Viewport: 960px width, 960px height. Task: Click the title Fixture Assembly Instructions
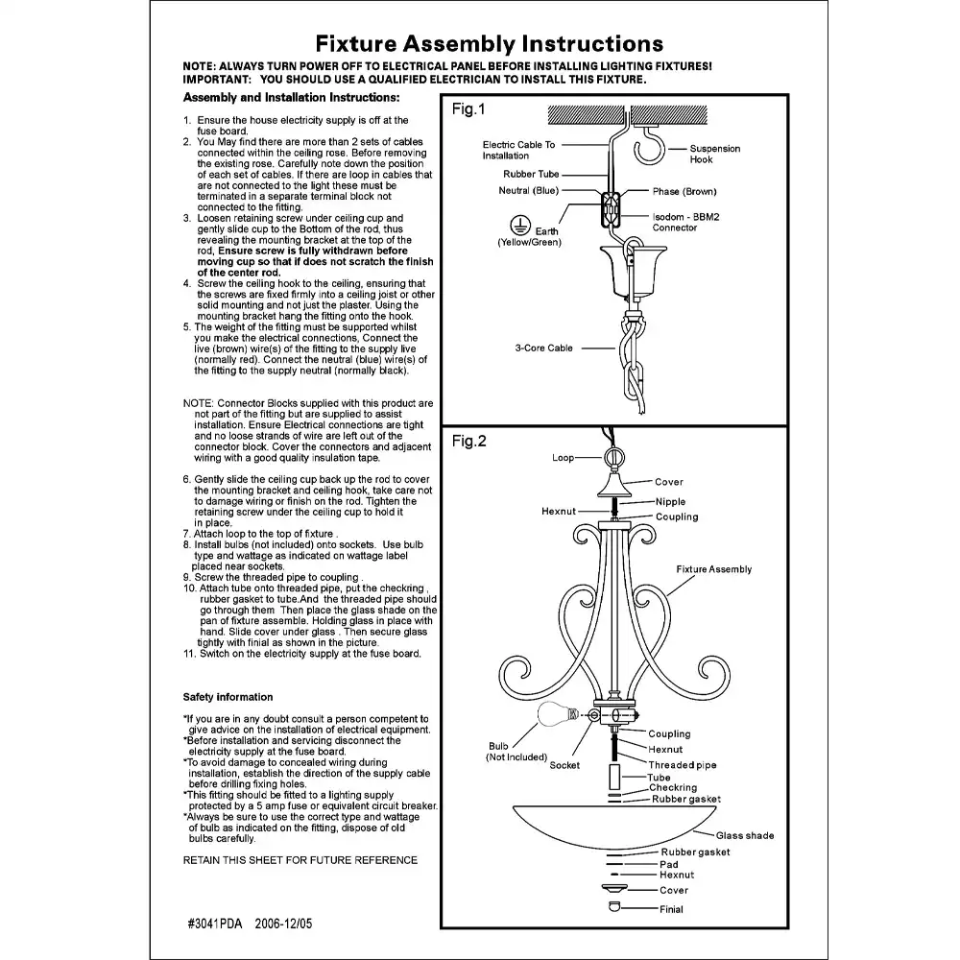click(x=490, y=43)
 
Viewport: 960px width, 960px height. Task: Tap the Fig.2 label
click(x=468, y=442)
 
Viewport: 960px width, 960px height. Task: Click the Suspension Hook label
click(x=715, y=154)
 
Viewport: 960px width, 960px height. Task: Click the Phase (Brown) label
click(x=684, y=192)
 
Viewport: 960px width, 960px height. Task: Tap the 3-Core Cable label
click(x=543, y=348)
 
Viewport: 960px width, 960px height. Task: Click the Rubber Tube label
click(x=531, y=175)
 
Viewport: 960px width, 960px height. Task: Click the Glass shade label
click(x=745, y=836)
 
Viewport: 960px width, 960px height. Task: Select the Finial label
click(x=672, y=909)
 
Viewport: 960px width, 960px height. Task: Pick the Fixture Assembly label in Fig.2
click(x=714, y=569)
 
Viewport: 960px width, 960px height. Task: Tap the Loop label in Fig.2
click(x=564, y=458)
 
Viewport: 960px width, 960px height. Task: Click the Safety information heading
click(x=228, y=697)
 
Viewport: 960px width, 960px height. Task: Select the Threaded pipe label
click(x=682, y=765)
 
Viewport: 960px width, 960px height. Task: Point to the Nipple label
click(x=670, y=502)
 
